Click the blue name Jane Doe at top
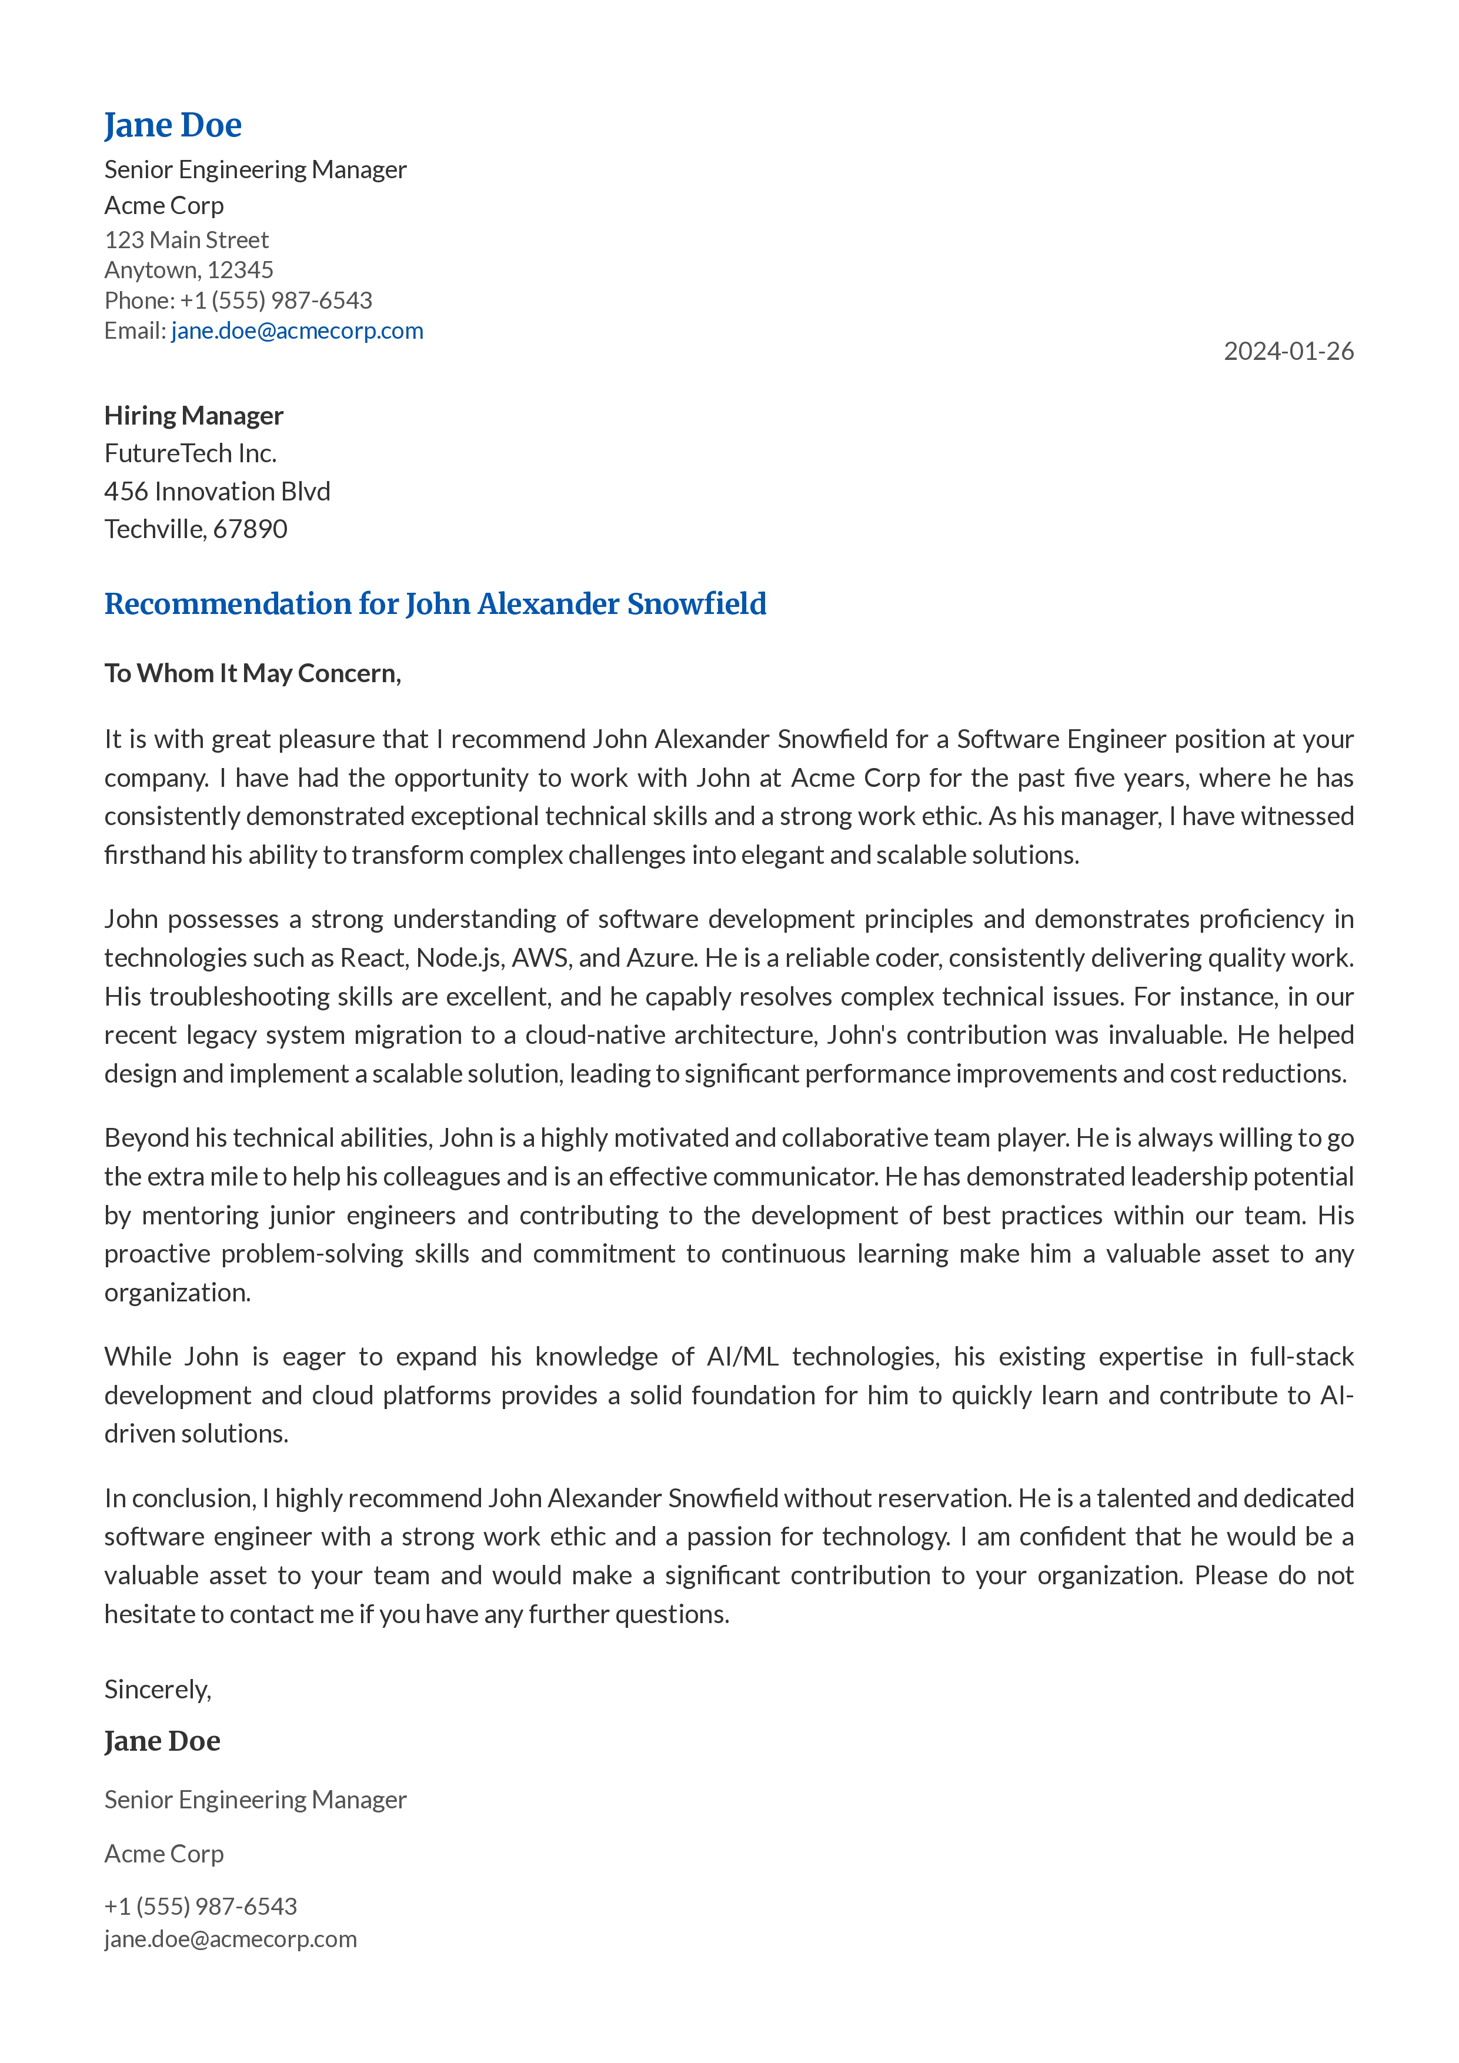(x=172, y=126)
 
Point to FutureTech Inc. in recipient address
(x=191, y=453)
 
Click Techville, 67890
(x=195, y=529)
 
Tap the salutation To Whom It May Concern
(x=252, y=673)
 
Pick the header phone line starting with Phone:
(x=238, y=300)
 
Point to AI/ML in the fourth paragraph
(x=742, y=1356)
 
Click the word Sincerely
(x=157, y=1689)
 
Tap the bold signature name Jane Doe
(x=162, y=1741)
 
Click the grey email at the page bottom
(x=230, y=1938)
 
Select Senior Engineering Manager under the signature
(x=255, y=1800)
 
